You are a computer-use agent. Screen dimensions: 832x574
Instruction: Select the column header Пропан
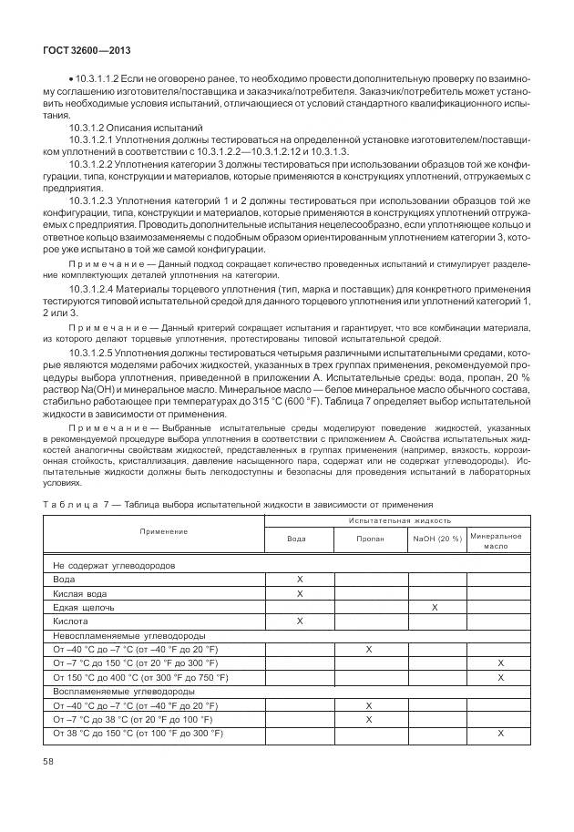click(369, 539)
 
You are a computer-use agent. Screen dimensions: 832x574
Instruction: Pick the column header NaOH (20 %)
click(436, 539)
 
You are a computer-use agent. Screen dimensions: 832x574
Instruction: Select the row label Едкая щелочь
click(84, 607)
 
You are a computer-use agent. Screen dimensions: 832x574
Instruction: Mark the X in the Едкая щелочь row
click(436, 607)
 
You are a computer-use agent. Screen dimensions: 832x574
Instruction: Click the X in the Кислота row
click(299, 621)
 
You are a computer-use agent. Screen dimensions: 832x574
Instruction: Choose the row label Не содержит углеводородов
click(115, 565)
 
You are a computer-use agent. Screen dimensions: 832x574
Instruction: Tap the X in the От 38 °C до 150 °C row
click(500, 734)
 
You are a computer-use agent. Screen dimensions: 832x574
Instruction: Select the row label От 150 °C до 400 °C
click(140, 677)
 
